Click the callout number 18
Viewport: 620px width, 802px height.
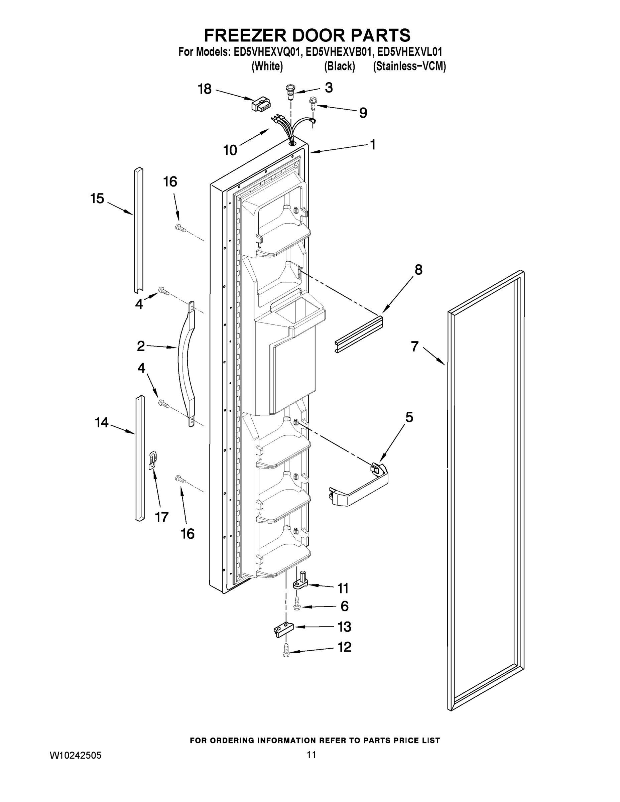tap(205, 89)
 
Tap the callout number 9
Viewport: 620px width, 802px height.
tap(363, 113)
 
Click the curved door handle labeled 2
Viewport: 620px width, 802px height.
tap(186, 364)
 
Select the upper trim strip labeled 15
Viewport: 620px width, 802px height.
tap(138, 230)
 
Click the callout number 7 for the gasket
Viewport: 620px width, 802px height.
tap(415, 346)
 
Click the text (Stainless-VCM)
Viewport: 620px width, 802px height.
tap(409, 66)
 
